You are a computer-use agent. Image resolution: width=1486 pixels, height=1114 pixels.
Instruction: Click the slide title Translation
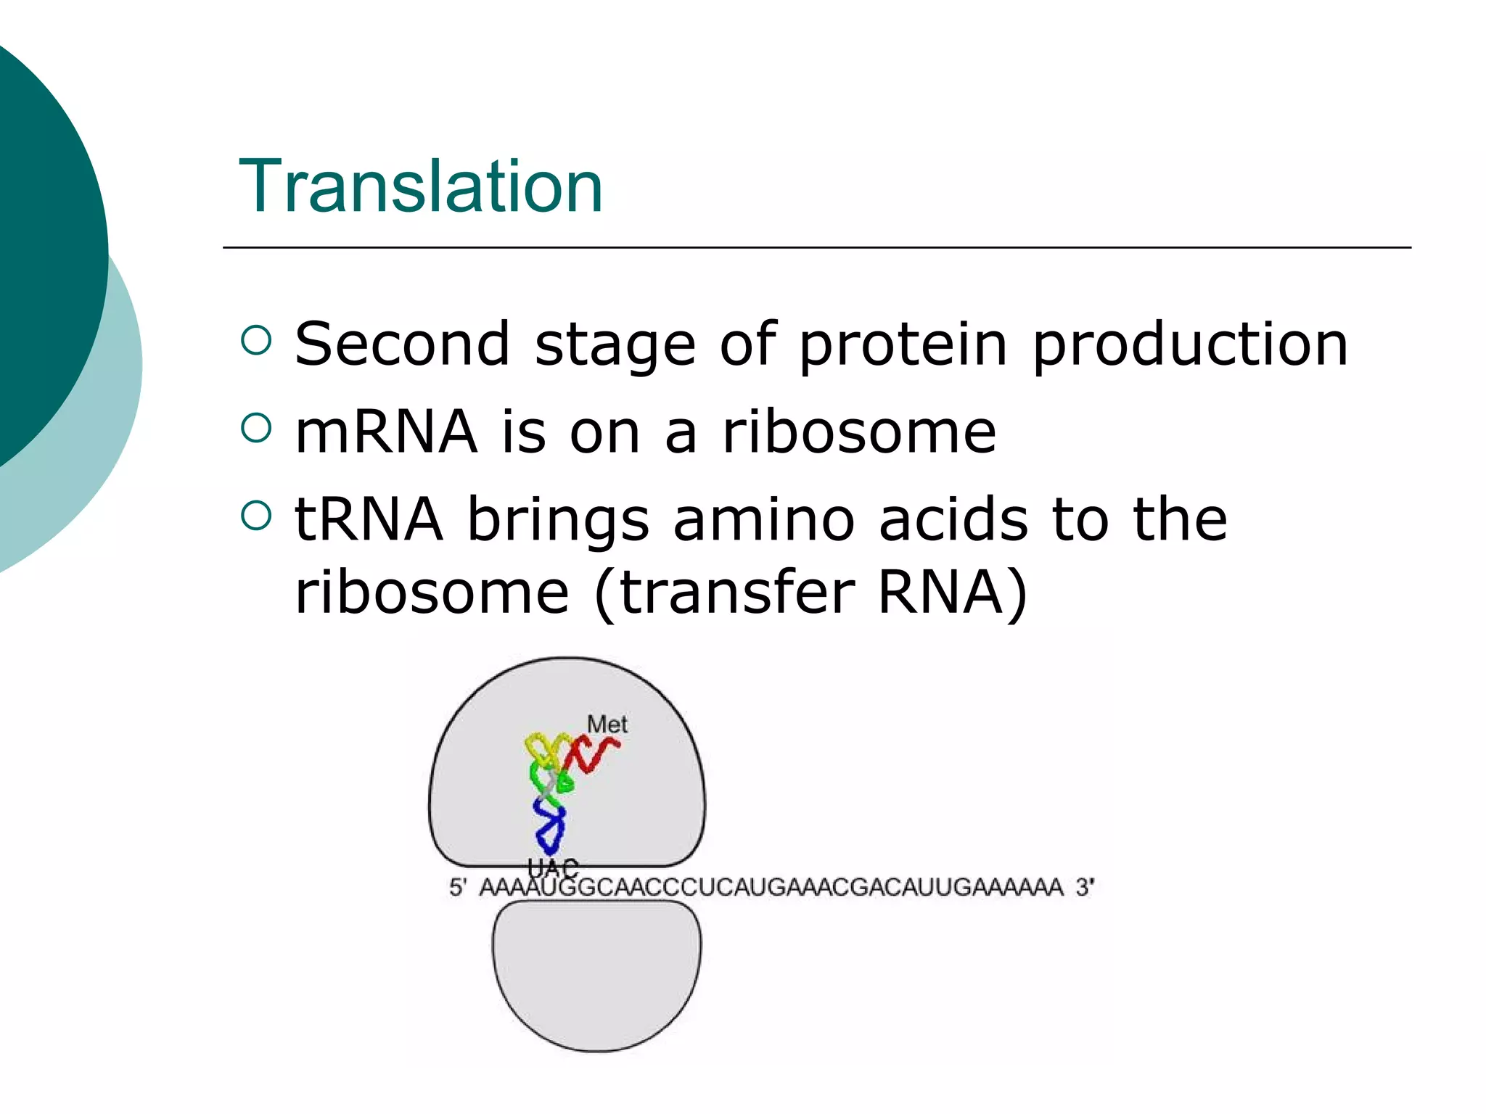[421, 187]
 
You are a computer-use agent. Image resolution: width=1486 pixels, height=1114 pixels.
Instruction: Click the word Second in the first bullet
[402, 344]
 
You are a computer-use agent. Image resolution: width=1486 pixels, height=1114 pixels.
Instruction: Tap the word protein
[903, 345]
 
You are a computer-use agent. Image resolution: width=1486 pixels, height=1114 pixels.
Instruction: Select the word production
[1190, 345]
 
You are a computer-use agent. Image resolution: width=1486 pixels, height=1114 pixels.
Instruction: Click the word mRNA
[386, 432]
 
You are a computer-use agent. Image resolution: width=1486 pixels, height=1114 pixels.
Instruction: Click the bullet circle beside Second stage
[255, 340]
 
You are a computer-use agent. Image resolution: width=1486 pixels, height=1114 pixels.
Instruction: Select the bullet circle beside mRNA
[255, 428]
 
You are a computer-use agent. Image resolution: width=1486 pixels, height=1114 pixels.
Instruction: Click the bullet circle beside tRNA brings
[255, 516]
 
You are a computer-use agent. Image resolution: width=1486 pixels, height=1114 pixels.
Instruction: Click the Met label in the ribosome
[607, 724]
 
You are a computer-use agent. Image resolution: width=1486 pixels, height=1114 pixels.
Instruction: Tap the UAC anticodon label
[553, 867]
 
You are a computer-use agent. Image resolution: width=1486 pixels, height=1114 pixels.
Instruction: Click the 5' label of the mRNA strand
[457, 887]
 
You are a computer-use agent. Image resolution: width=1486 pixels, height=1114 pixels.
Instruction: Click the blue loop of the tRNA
[550, 827]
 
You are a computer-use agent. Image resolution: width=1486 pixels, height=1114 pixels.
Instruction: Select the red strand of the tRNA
[596, 754]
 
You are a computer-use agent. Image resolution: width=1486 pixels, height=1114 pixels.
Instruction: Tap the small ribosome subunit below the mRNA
[596, 975]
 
